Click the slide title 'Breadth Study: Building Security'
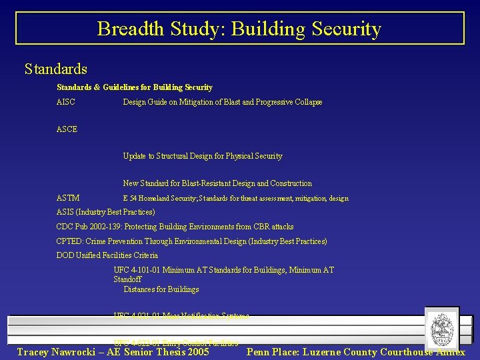pyautogui.click(x=239, y=29)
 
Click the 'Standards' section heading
pyautogui.click(x=55, y=69)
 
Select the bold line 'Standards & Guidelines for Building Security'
pyautogui.click(x=135, y=87)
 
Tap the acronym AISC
pyautogui.click(x=66, y=102)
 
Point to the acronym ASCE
pyautogui.click(x=67, y=129)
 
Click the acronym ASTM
pyautogui.click(x=68, y=198)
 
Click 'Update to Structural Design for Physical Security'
pyautogui.click(x=203, y=156)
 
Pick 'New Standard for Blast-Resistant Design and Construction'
pyautogui.click(x=217, y=183)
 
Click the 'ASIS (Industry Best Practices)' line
pyautogui.click(x=105, y=212)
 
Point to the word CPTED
pyautogui.click(x=69, y=241)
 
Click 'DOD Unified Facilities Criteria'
pyautogui.click(x=107, y=255)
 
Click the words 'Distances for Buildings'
pyautogui.click(x=161, y=289)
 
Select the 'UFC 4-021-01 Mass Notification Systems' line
pyautogui.click(x=181, y=316)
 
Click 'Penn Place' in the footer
pyautogui.click(x=271, y=352)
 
